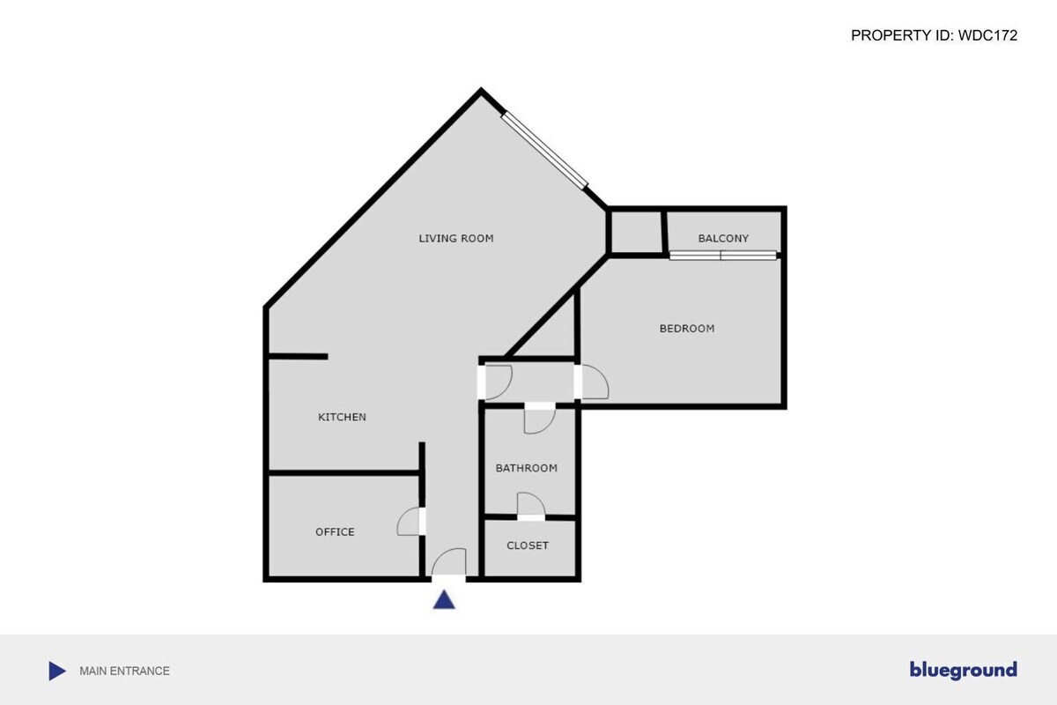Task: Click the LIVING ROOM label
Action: point(456,239)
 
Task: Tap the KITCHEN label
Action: point(342,417)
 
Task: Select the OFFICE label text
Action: point(335,531)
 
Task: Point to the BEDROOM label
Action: point(686,328)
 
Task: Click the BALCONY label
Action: point(723,239)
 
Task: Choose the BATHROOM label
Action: point(526,468)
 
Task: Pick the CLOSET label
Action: point(527,545)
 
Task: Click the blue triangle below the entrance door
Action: point(444,600)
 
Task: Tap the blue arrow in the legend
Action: point(57,671)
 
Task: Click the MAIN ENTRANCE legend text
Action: point(124,671)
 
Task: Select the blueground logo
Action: point(963,670)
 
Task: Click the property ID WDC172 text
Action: point(934,35)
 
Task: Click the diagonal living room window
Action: point(544,150)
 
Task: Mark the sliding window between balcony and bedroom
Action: point(723,256)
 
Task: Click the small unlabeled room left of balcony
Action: point(637,233)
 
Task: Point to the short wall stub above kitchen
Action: point(298,357)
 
